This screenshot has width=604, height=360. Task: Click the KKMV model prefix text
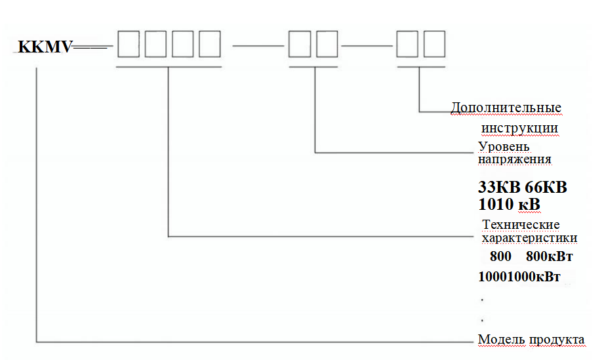45,47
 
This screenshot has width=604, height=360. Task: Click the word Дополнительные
506,108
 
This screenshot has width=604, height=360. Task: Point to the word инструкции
520,127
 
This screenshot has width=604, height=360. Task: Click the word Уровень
504,146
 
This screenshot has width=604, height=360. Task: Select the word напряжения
514,159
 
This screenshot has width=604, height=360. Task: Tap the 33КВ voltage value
500,188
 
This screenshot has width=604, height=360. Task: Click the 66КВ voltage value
545,188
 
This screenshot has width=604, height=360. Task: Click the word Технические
521,225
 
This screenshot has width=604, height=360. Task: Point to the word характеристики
529,237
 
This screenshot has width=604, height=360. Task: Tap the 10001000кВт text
519,277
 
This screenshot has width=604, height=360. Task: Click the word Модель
499,340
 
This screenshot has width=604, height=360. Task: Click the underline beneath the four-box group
168,67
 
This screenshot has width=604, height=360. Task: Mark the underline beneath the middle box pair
315,67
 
